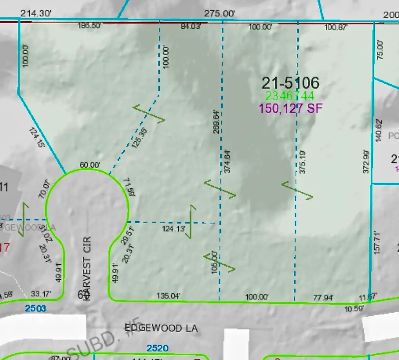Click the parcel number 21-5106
290,83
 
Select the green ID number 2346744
290,96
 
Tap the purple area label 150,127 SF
290,109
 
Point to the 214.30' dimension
36,13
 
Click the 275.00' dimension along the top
219,13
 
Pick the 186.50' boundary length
90,26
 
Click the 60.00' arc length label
90,165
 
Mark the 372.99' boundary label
366,161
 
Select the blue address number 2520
158,348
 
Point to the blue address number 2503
36,309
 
